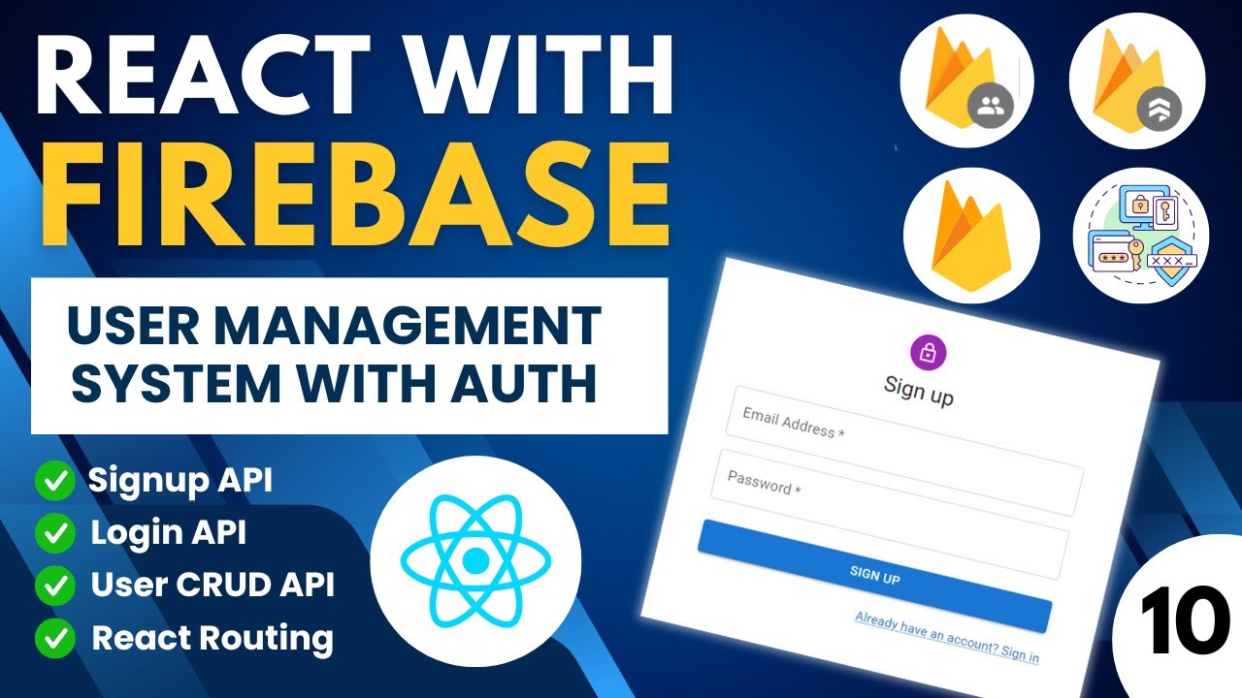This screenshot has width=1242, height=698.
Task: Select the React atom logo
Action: pos(475,559)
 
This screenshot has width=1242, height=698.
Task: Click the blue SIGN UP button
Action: pos(874,575)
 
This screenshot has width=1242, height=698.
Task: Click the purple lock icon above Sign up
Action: pos(929,353)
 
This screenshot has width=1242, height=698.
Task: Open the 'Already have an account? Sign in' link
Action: pos(946,637)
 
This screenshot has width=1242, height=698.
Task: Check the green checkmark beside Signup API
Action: pos(55,482)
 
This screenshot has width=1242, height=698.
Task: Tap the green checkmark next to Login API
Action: pos(55,533)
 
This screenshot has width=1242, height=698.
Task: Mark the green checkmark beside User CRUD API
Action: pos(55,586)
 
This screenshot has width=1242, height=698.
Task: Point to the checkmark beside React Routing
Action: pos(55,638)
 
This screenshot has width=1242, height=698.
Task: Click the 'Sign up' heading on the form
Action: pos(919,391)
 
